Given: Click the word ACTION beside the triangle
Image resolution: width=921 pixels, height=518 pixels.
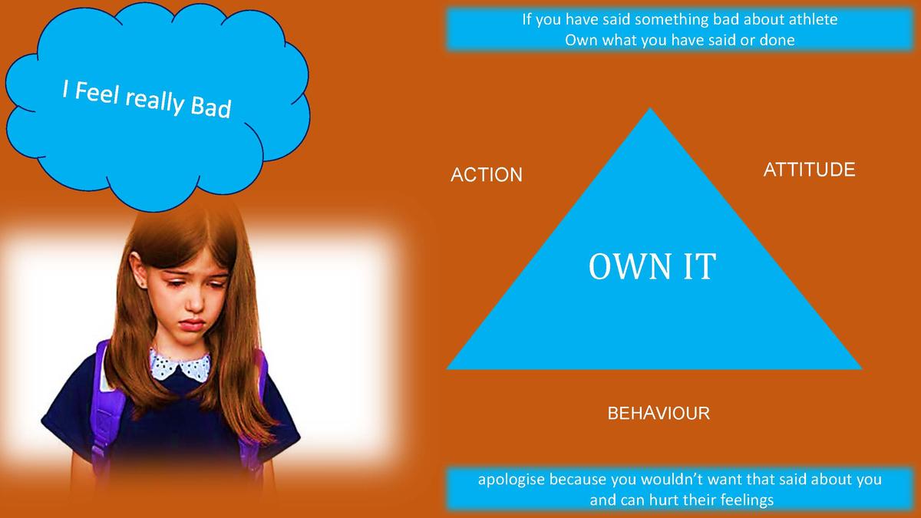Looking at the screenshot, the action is (487, 175).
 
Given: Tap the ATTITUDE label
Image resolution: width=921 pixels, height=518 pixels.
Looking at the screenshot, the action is (809, 170).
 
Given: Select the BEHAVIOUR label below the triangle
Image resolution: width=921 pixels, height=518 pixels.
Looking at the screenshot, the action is (659, 413).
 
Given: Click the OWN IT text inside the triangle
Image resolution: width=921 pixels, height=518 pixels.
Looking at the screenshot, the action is (652, 266).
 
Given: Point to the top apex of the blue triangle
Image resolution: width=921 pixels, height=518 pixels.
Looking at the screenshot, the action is (649, 108).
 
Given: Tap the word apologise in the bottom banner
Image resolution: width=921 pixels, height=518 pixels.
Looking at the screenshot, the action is (511, 480).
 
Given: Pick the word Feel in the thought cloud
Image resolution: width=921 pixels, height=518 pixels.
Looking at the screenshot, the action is (97, 93).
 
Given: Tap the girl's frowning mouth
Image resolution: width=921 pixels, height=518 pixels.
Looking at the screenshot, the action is (192, 325).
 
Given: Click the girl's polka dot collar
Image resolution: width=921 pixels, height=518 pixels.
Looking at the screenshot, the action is (180, 365).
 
